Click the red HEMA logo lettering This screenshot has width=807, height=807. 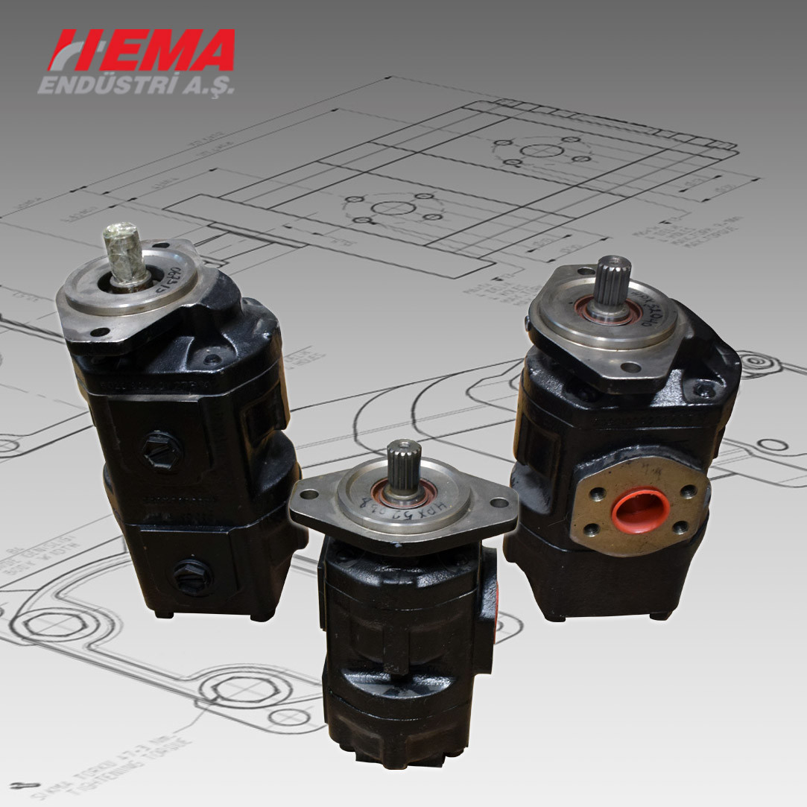click(x=142, y=51)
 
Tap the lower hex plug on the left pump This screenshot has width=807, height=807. click(x=192, y=577)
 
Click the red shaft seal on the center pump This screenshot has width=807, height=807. click(x=405, y=495)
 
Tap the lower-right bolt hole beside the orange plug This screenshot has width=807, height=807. click(x=680, y=528)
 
